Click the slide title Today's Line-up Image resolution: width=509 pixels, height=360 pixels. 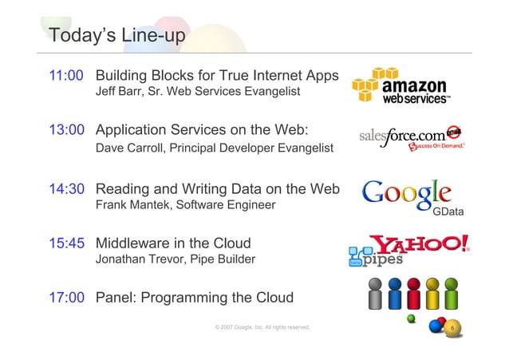coord(116,36)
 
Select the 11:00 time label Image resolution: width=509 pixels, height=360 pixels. coord(66,77)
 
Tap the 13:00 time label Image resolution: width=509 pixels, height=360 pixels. coord(66,130)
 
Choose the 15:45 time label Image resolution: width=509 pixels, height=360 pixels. coord(66,243)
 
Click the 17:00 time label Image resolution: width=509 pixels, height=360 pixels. coord(66,298)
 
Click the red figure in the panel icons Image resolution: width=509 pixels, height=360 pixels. coord(413,293)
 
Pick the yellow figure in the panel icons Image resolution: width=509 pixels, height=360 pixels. coord(433,293)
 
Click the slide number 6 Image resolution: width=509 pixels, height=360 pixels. coord(452,328)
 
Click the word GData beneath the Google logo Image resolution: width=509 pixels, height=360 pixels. coord(448,212)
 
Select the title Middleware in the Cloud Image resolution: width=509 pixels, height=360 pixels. coord(173,243)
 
